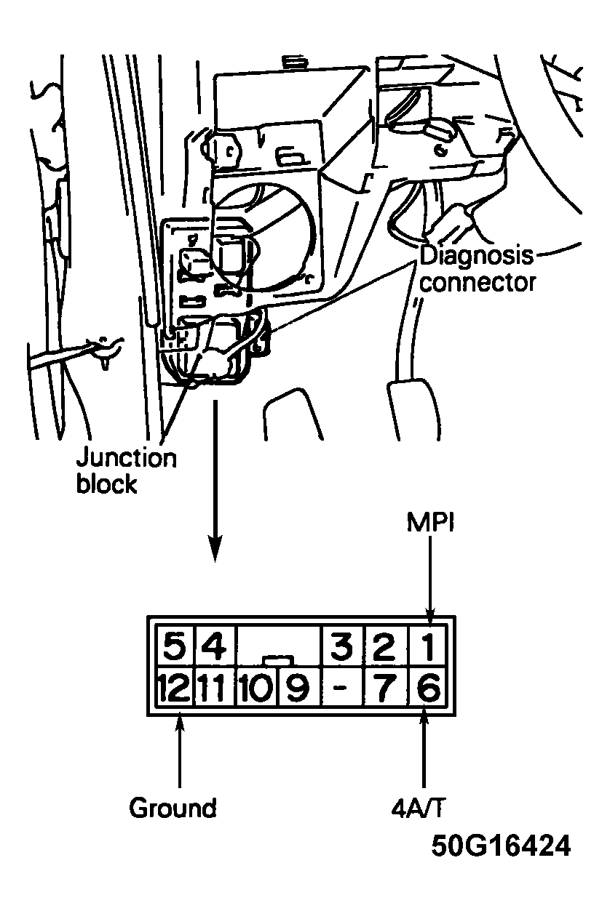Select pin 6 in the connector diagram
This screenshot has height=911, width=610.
[429, 687]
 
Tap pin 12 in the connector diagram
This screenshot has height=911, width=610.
[173, 687]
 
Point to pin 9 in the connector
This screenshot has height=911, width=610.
[296, 687]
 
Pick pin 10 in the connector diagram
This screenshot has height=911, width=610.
[255, 687]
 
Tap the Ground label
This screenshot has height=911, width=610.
[173, 808]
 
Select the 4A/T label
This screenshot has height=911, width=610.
[422, 808]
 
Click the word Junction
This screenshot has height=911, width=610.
[126, 459]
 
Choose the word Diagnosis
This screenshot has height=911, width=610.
[477, 256]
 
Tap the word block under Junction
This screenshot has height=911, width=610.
[106, 484]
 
